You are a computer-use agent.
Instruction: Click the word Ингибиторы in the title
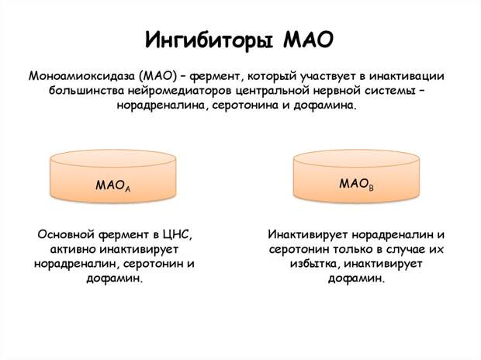click(x=209, y=40)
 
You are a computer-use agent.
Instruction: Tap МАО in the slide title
click(x=308, y=39)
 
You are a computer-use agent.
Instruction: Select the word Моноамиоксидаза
click(x=81, y=76)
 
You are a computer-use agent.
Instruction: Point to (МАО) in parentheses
click(x=157, y=76)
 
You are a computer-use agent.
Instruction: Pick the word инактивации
click(x=407, y=76)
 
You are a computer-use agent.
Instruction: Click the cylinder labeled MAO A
click(x=113, y=176)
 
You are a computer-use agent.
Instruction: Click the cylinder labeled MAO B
click(x=356, y=176)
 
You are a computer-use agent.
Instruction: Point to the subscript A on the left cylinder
click(x=127, y=189)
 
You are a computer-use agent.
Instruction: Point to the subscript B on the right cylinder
click(x=371, y=188)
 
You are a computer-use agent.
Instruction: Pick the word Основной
click(x=66, y=235)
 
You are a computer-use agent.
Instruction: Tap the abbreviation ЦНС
click(x=178, y=235)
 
